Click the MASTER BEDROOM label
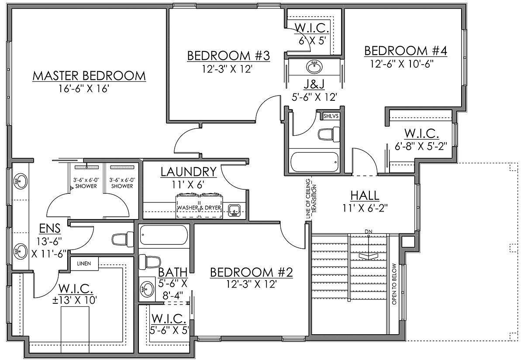(89, 76)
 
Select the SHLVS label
(331, 116)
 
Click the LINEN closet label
(84, 264)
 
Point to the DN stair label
(369, 231)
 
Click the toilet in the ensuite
(123, 239)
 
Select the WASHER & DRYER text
(199, 208)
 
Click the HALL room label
(365, 195)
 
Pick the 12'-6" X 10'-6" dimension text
(402, 64)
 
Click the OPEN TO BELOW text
(394, 284)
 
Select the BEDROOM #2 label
(252, 272)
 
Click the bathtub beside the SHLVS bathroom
(315, 162)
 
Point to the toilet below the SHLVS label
(329, 134)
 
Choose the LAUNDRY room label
(189, 172)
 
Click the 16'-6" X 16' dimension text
(84, 89)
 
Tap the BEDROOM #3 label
(228, 56)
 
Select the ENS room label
(50, 228)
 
